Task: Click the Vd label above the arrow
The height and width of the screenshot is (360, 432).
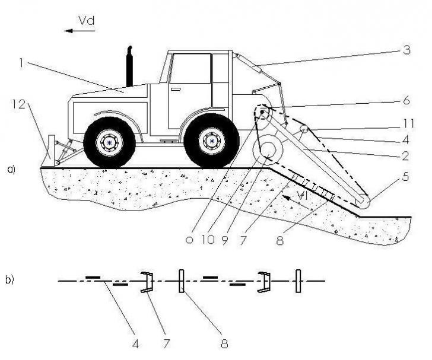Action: [x=87, y=21]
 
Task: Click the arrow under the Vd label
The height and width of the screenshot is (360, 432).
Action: [x=80, y=31]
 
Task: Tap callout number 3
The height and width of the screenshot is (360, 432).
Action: [x=406, y=50]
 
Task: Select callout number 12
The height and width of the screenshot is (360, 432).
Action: [x=19, y=104]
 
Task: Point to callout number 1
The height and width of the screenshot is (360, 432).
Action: [x=21, y=63]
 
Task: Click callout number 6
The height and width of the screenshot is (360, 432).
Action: [x=406, y=101]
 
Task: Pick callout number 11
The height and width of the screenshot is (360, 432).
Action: [x=408, y=124]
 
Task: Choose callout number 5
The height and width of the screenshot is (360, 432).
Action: [x=405, y=177]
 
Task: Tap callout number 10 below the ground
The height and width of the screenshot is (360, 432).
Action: [x=208, y=240]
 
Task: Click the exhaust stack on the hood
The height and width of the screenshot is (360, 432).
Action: [x=129, y=66]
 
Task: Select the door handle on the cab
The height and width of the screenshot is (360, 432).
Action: [x=176, y=89]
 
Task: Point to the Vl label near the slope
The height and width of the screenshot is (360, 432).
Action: [x=302, y=196]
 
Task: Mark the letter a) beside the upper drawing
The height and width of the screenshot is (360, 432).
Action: [x=11, y=170]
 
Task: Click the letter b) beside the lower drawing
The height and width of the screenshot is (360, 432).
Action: [x=9, y=279]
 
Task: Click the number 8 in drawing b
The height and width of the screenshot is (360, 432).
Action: [x=224, y=344]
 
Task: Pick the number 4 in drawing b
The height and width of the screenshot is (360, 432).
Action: [x=135, y=344]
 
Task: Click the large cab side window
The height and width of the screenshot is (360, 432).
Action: [x=191, y=68]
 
